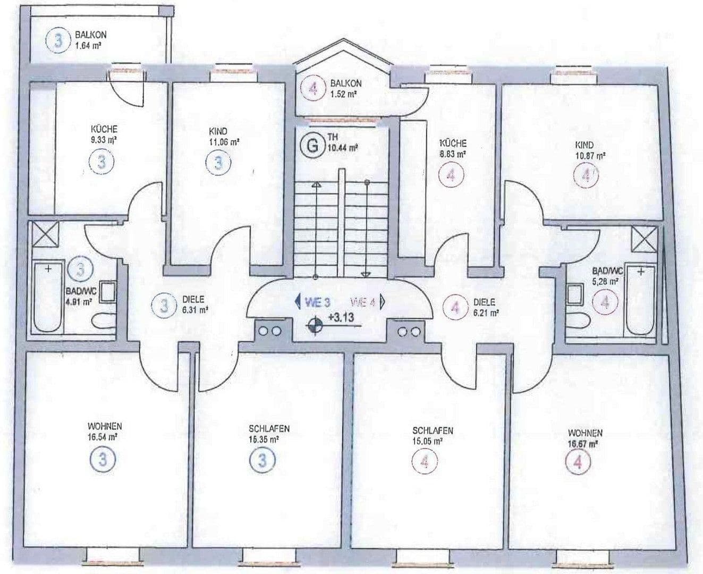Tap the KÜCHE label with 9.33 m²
(x=104, y=135)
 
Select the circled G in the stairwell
(x=310, y=145)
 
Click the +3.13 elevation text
(x=342, y=319)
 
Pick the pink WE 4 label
(x=367, y=302)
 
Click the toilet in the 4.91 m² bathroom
(x=101, y=322)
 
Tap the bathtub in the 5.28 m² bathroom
(x=639, y=301)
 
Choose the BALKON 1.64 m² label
(x=90, y=40)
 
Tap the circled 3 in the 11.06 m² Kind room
(x=218, y=162)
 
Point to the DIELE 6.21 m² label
(x=485, y=307)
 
